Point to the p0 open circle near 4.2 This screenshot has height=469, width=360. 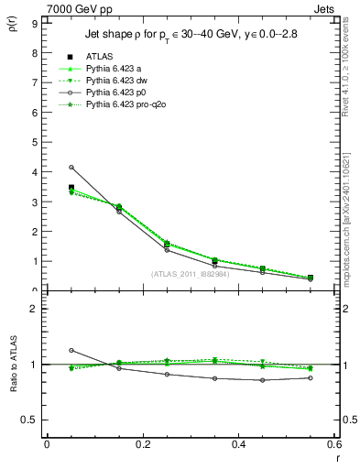(71, 167)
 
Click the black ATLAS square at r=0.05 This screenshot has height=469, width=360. (71, 187)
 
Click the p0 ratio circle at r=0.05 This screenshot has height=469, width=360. (71, 350)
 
